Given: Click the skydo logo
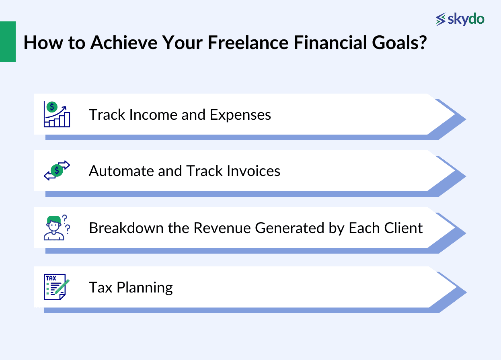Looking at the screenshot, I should tap(460, 19).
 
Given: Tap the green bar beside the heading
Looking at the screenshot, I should tap(8, 42).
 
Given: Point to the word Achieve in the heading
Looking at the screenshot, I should tap(122, 43).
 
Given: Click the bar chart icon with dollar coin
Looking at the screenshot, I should tap(57, 114).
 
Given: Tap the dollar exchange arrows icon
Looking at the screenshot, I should tap(57, 170).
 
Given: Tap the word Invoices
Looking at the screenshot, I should tap(253, 171).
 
